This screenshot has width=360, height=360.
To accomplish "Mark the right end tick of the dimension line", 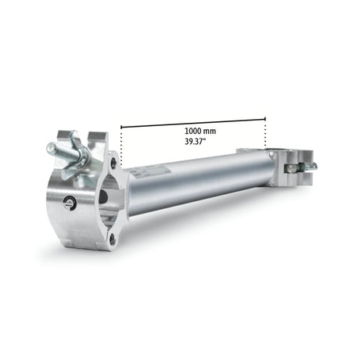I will pos(265,119).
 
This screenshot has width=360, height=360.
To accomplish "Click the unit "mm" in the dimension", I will pos(212,129).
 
